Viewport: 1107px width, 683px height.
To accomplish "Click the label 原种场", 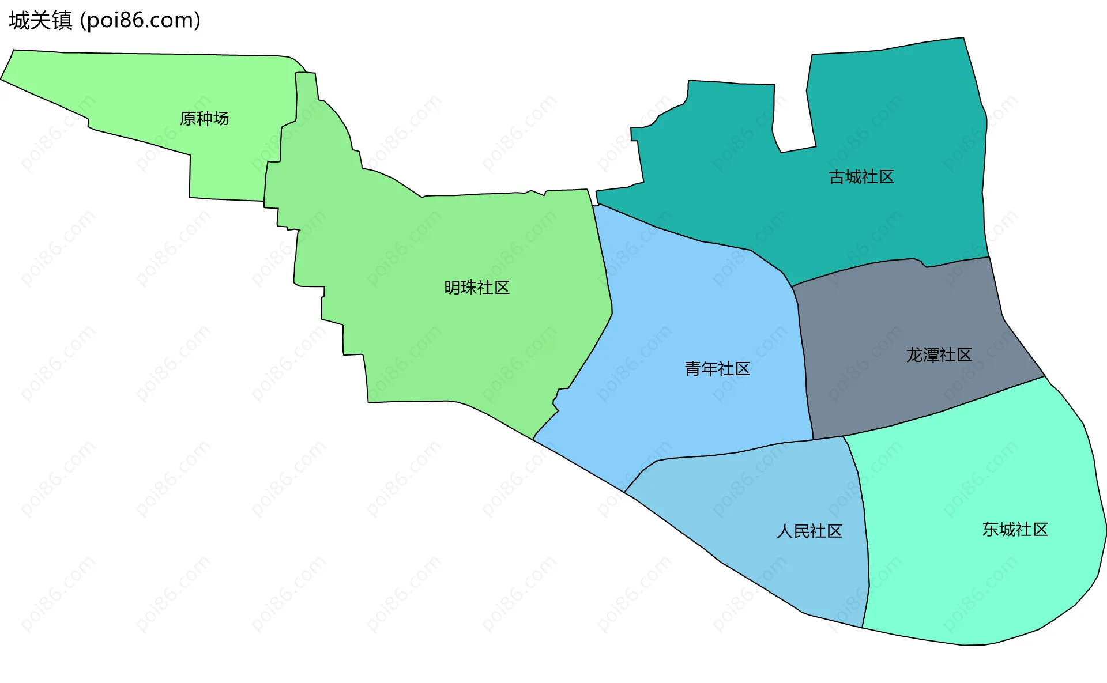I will click(204, 119).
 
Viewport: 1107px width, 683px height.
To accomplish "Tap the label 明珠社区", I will click(477, 288).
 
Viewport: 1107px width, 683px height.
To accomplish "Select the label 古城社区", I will click(861, 178).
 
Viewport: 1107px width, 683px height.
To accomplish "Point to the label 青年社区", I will click(717, 369).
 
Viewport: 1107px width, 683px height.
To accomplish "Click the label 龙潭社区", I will click(939, 355).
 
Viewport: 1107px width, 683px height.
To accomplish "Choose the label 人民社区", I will click(809, 531).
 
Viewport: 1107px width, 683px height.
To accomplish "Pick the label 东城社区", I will click(1015, 530).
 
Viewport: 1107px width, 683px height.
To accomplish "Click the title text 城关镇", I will click(40, 21).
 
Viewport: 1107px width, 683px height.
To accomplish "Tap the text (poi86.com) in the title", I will click(141, 21).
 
